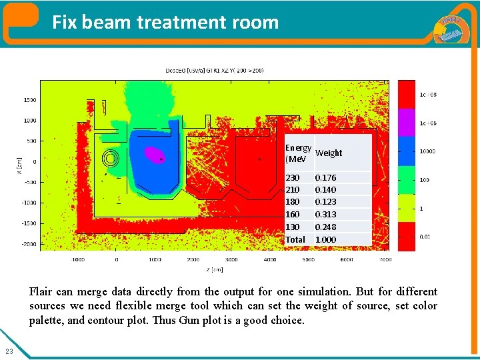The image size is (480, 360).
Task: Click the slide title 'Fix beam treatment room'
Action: tap(165, 22)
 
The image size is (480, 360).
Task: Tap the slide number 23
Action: tap(9, 351)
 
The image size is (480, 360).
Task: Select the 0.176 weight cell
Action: tap(325, 178)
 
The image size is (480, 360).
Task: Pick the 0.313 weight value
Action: tap(325, 215)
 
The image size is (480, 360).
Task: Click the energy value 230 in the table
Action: tap(293, 178)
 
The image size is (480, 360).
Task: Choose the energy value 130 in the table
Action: tap(293, 227)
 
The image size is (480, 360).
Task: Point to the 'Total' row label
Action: tap(295, 239)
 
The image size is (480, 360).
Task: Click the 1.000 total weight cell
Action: tap(325, 239)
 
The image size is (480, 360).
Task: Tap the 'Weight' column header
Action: tap(329, 153)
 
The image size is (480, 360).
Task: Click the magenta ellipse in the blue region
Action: tap(155, 155)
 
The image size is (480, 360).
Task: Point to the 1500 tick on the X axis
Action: tap(30, 100)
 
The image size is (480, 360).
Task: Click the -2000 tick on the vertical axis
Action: tap(29, 244)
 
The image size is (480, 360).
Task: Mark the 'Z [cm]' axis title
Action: tap(214, 269)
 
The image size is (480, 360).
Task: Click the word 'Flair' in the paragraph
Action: tap(41, 291)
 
